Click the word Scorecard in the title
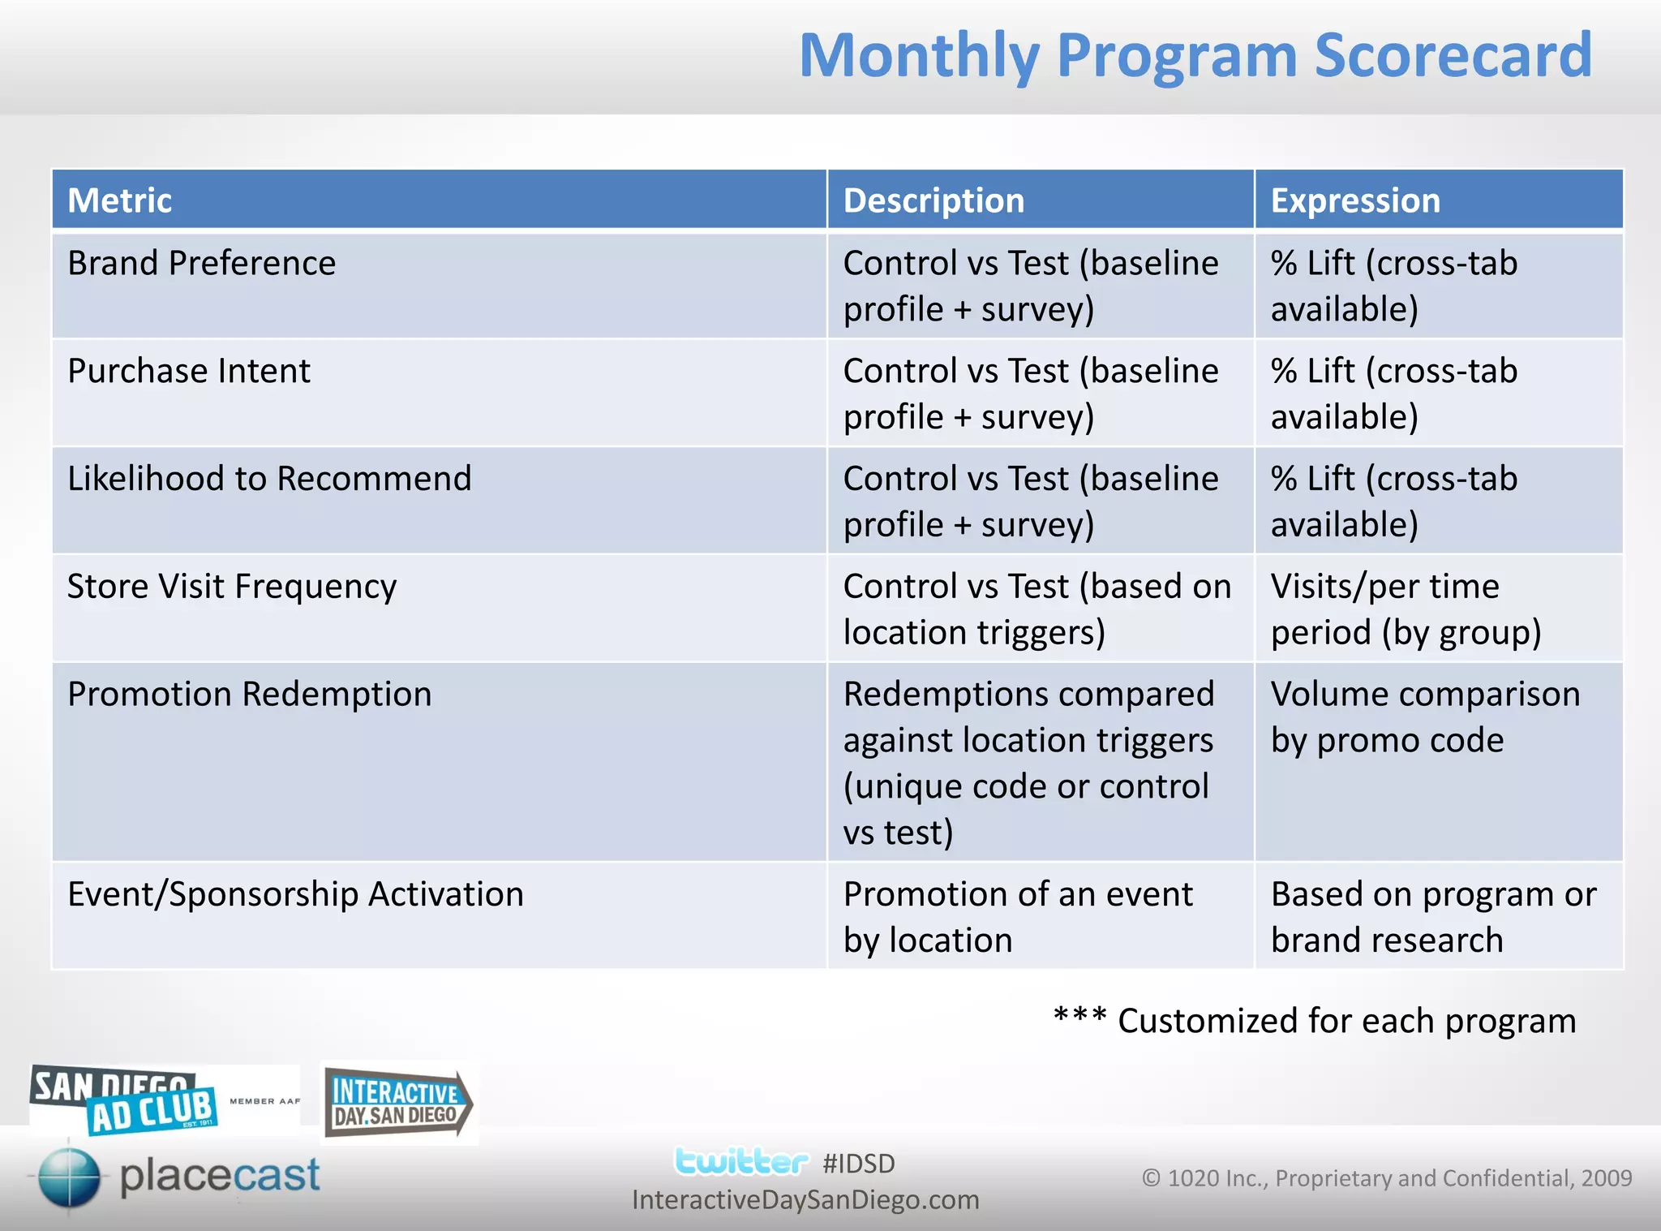click(x=1452, y=55)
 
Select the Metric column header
click(x=120, y=200)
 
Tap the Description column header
click(x=934, y=200)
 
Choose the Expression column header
click(x=1355, y=200)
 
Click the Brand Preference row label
click(x=201, y=263)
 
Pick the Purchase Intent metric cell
click(x=188, y=371)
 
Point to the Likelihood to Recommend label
click(x=269, y=479)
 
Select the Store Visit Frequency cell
click(x=232, y=587)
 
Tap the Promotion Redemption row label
click(x=249, y=695)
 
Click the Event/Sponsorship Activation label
click(x=295, y=894)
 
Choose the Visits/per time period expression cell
click(x=1405, y=609)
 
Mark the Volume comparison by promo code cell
click(x=1424, y=717)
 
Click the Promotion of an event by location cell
click(x=1017, y=916)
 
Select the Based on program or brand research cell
click(x=1432, y=916)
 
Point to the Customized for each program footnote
click(x=1314, y=1021)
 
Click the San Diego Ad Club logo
click(x=126, y=1100)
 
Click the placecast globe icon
click(x=69, y=1177)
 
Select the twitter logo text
click(x=740, y=1162)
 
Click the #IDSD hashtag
click(x=858, y=1164)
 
